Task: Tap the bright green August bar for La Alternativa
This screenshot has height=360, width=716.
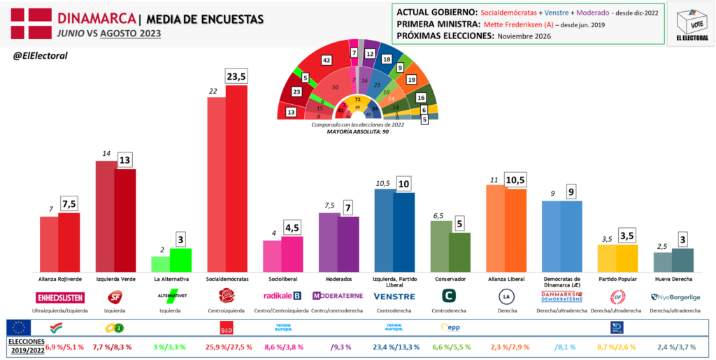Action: click(x=180, y=260)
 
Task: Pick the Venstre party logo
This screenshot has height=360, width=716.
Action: click(x=394, y=296)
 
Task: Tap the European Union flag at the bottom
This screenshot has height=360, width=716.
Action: click(x=19, y=327)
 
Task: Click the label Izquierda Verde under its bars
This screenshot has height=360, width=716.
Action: click(x=115, y=278)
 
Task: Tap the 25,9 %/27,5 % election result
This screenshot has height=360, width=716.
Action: click(x=236, y=345)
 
